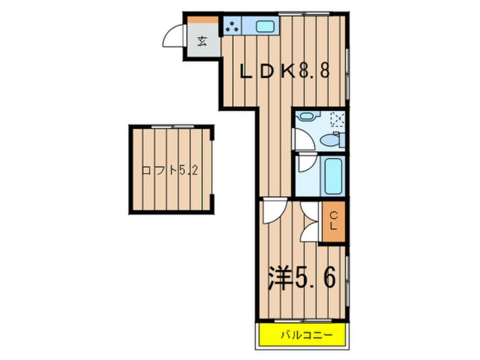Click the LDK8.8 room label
click(284, 72)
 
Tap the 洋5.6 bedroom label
click(301, 278)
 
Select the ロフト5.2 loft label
click(170, 170)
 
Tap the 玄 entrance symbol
click(203, 41)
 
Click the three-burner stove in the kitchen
click(232, 26)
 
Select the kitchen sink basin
click(264, 26)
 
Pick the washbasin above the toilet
click(306, 116)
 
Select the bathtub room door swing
click(306, 165)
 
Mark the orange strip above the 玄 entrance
click(203, 19)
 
